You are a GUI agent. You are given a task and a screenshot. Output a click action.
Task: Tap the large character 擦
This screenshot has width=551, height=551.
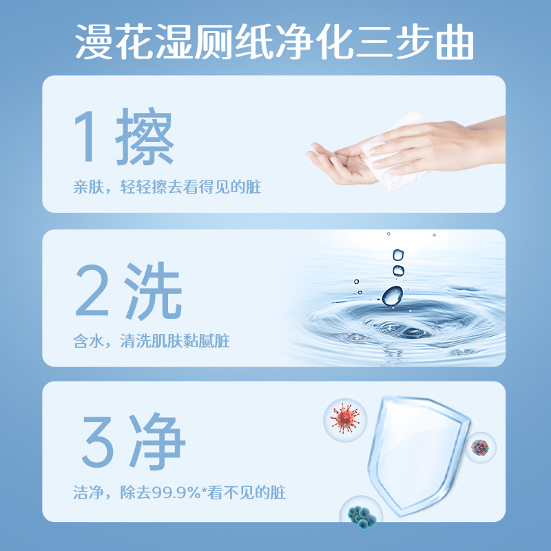(x=145, y=138)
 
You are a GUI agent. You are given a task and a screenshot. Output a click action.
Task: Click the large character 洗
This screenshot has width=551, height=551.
(x=153, y=293)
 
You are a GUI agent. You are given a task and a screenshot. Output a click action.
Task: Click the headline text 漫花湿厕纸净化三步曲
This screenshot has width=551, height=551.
(x=275, y=43)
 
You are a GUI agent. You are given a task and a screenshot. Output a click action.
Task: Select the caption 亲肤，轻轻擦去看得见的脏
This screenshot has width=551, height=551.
(x=167, y=187)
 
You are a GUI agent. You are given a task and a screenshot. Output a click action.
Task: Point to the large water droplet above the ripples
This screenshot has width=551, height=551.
(x=392, y=295)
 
